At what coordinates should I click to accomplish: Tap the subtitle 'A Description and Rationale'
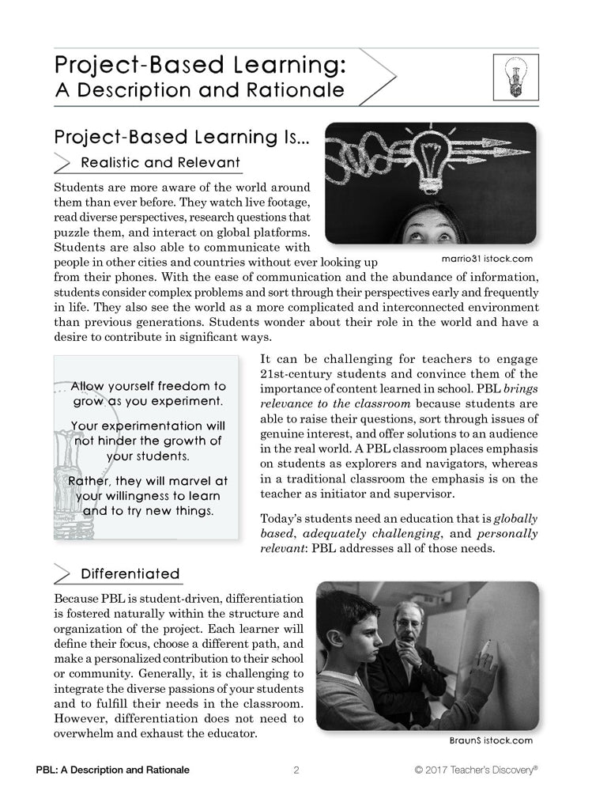tap(199, 89)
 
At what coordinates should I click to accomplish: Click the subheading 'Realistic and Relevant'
tap(160, 163)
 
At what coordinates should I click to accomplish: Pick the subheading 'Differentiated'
tap(130, 573)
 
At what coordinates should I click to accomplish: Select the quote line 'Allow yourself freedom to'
tap(148, 387)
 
